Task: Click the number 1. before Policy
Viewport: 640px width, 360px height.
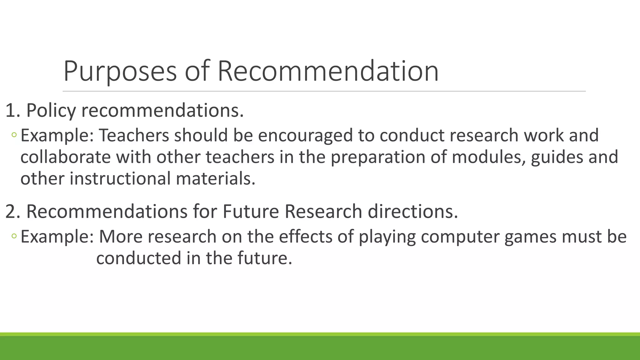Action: (13, 111)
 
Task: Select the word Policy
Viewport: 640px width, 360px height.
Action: (51, 111)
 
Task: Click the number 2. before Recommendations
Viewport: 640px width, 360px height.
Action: (13, 212)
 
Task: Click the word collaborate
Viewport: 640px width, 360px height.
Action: (65, 157)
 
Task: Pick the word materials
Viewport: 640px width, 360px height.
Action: (216, 179)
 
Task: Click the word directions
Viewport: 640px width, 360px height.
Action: (412, 212)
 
